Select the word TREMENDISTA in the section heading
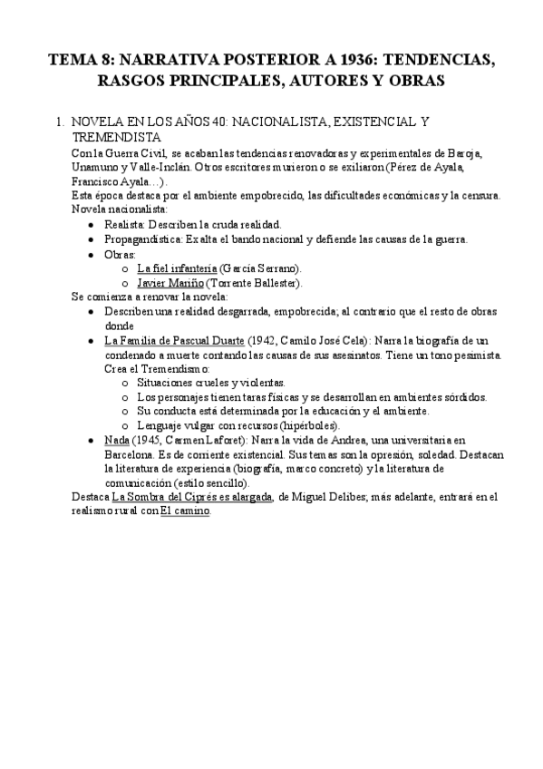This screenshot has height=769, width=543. [x=116, y=137]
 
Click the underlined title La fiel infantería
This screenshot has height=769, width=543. [x=177, y=268]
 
